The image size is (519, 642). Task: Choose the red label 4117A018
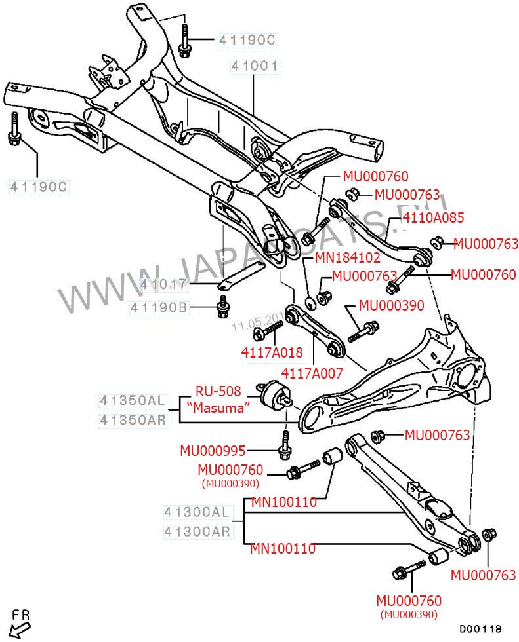click(x=272, y=352)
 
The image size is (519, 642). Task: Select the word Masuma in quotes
click(x=218, y=407)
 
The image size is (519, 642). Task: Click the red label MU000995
click(x=213, y=451)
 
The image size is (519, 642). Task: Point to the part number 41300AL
click(x=197, y=511)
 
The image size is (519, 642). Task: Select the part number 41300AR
click(x=197, y=531)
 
